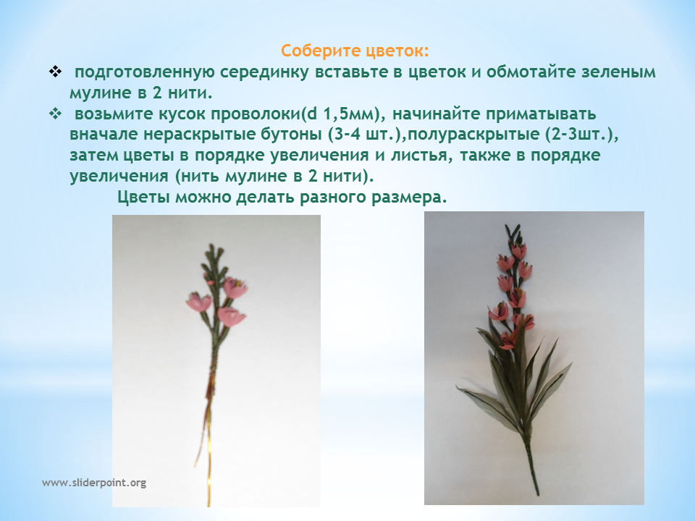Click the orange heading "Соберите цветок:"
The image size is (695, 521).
pos(355,51)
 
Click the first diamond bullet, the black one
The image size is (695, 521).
pos(56,72)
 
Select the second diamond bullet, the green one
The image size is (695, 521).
pos(56,114)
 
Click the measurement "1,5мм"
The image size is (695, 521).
pos(350,114)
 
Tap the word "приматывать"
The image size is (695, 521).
pos(541,114)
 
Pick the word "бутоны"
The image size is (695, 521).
pos(290,135)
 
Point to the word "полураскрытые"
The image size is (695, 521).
pos(473,135)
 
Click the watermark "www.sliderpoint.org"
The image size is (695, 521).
pos(94,483)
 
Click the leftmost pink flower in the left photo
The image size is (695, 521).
pos(198,302)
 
